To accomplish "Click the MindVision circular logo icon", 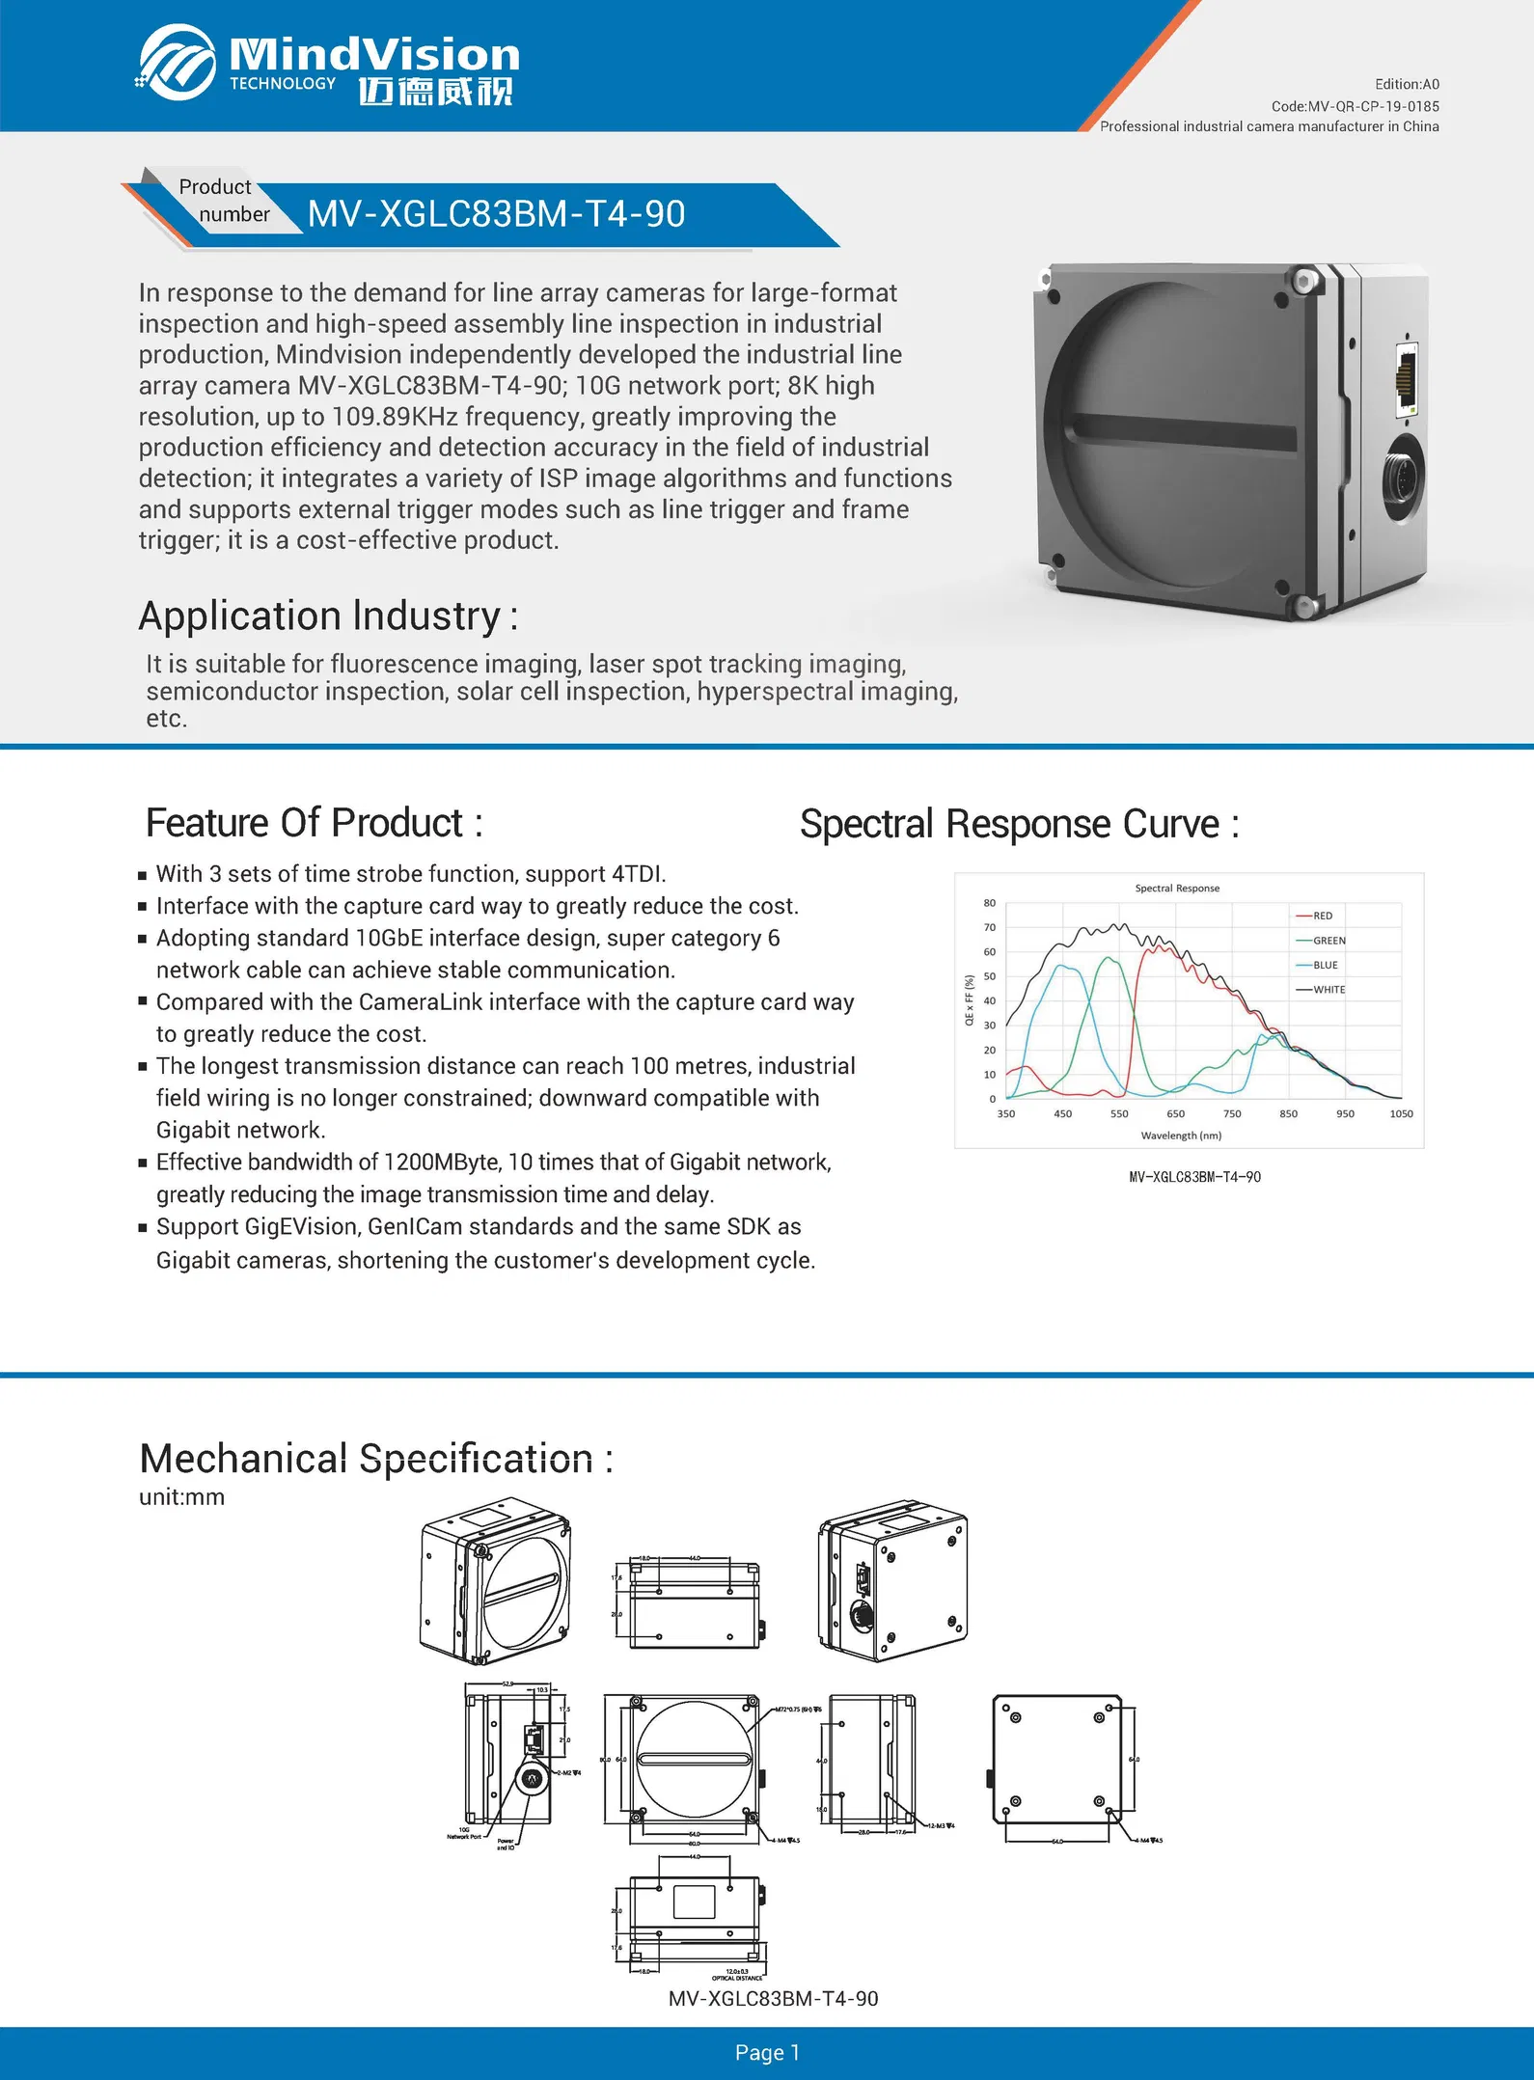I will point(177,63).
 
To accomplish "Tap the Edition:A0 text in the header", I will point(1407,85).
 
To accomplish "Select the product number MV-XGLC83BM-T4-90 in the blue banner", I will point(496,214).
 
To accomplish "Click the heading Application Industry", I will point(328,616).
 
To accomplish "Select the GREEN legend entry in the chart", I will point(1329,941).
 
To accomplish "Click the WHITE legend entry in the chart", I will point(1329,990).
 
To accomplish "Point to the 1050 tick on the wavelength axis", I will point(1401,1114).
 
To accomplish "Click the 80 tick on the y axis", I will point(990,903).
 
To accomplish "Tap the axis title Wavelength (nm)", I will point(1181,1136).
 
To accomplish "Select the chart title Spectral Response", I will point(1177,889).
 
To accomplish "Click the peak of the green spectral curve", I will point(1110,958).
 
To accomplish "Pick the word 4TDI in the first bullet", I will point(638,874).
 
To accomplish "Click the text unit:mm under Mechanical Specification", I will point(181,1497).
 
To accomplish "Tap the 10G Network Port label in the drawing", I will point(464,1833).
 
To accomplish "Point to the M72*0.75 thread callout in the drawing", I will point(798,1710).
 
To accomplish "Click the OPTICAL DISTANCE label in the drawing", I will point(736,1978).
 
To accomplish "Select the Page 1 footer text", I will point(767,2053).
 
